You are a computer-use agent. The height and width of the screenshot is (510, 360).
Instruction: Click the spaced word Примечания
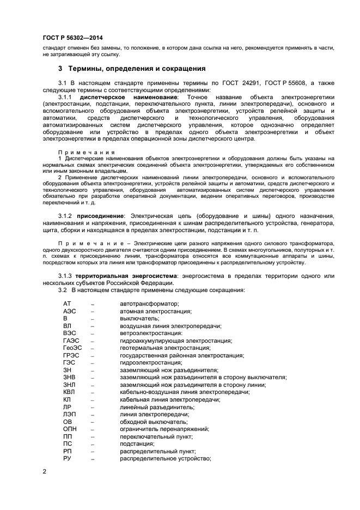(x=87, y=152)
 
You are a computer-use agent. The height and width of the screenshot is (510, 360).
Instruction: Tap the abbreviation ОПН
(x=70, y=429)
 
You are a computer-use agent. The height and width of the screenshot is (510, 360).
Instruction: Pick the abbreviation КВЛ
(x=70, y=392)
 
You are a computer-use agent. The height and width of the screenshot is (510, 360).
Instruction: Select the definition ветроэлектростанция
(x=151, y=333)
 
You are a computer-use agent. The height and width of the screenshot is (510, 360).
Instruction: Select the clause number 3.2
(x=63, y=290)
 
